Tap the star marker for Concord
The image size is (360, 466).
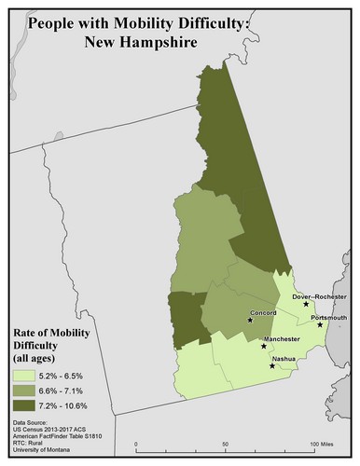(249, 320)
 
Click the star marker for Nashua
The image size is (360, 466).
(271, 366)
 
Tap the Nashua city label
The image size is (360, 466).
(284, 359)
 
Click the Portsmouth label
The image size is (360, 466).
(328, 317)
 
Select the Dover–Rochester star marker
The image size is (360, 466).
(306, 305)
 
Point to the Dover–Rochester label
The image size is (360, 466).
(318, 296)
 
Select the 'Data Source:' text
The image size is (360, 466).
(32, 422)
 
